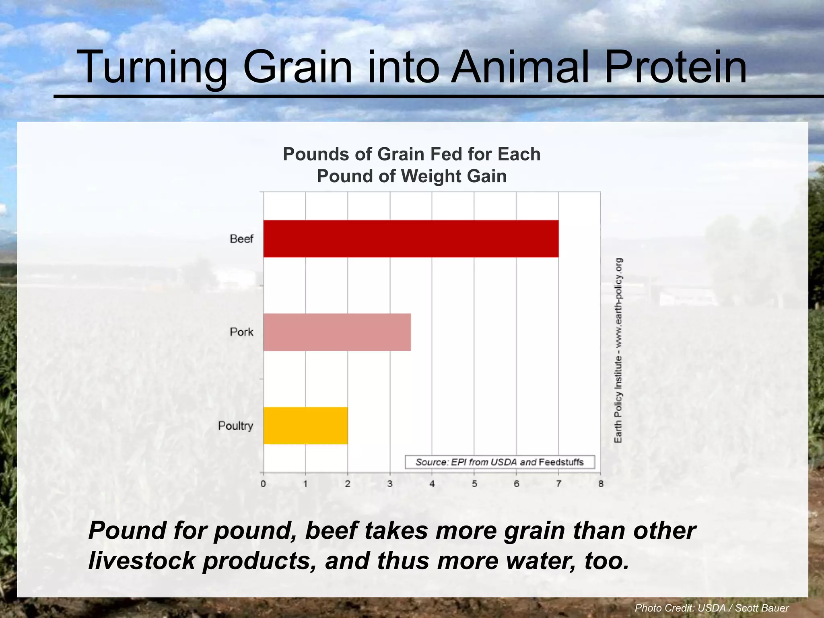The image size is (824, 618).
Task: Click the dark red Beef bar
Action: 410,239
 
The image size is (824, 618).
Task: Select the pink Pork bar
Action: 337,332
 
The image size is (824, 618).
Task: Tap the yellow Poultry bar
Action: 305,426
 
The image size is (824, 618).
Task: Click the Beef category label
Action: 241,239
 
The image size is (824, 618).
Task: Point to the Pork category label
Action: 241,332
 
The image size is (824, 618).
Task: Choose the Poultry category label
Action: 235,426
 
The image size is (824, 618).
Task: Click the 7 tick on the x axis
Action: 558,484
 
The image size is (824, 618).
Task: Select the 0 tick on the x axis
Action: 263,484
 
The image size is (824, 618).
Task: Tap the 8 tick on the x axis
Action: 601,484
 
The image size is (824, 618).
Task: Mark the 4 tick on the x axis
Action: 432,484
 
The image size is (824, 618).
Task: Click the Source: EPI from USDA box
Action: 499,462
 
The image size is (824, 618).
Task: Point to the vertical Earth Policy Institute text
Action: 618,350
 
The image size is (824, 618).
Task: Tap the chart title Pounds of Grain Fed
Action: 411,165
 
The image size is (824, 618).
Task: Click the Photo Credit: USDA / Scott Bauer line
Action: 711,608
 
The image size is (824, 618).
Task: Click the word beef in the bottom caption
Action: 331,530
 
